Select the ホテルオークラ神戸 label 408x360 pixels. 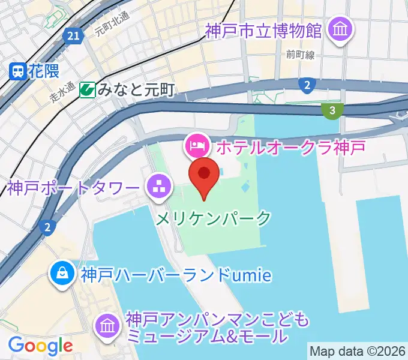[x=290, y=145]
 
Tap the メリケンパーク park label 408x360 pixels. [x=214, y=218]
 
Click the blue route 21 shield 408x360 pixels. [x=73, y=37]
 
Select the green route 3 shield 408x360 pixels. [x=332, y=109]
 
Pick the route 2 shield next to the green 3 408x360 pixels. [x=307, y=85]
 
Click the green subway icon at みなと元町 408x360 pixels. [x=88, y=90]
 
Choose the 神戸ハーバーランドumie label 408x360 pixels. [x=176, y=275]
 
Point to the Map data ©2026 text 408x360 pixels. [x=358, y=350]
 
